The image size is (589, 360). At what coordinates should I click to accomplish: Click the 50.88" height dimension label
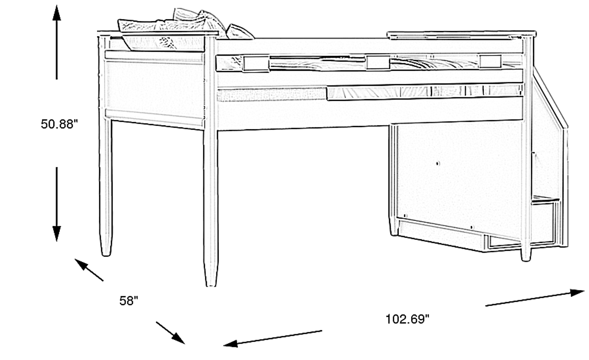pyautogui.click(x=59, y=124)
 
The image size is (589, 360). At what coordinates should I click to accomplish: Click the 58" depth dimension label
pyautogui.click(x=128, y=301)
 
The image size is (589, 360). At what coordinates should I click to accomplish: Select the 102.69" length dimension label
pyautogui.click(x=407, y=319)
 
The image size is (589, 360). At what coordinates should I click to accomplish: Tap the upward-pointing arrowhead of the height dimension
pyautogui.click(x=56, y=13)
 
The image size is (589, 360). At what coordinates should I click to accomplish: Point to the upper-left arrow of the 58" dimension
pyautogui.click(x=89, y=270)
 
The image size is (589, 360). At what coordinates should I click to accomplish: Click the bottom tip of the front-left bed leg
pyautogui.click(x=211, y=286)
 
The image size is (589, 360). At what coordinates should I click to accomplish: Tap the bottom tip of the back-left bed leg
pyautogui.click(x=106, y=255)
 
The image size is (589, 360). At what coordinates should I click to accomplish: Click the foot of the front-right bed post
pyautogui.click(x=526, y=260)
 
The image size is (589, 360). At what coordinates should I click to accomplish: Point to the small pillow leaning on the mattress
pyautogui.click(x=239, y=32)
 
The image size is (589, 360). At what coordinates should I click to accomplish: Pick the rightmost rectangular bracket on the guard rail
pyautogui.click(x=490, y=62)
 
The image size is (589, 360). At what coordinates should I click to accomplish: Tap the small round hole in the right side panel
pyautogui.click(x=438, y=164)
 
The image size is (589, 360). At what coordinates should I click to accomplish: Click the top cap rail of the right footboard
pyautogui.click(x=461, y=35)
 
